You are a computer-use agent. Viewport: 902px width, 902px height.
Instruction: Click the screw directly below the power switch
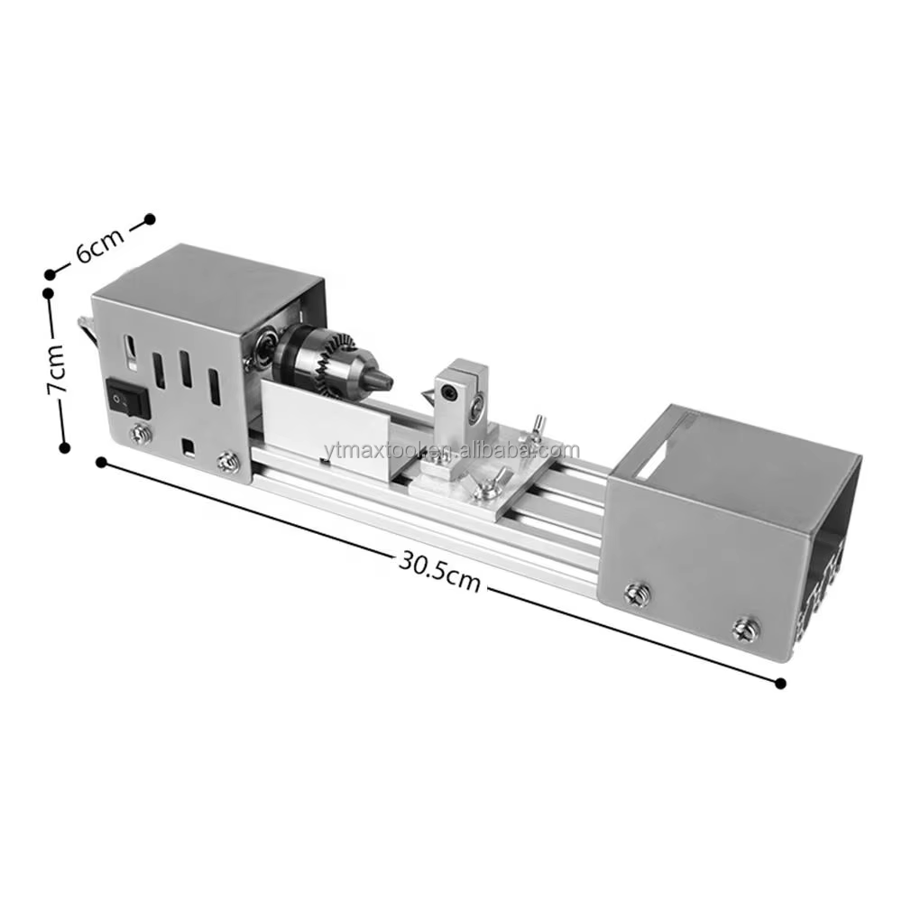tap(139, 435)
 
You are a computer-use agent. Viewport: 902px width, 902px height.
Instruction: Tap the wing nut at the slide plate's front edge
tap(488, 488)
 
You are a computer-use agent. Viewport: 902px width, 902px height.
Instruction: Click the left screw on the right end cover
tap(634, 594)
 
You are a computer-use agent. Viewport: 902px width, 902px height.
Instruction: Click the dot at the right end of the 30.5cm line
tap(780, 684)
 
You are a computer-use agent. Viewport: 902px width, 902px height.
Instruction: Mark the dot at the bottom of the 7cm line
tap(64, 446)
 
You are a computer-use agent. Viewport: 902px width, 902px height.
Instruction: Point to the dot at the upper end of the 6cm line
tap(151, 218)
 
